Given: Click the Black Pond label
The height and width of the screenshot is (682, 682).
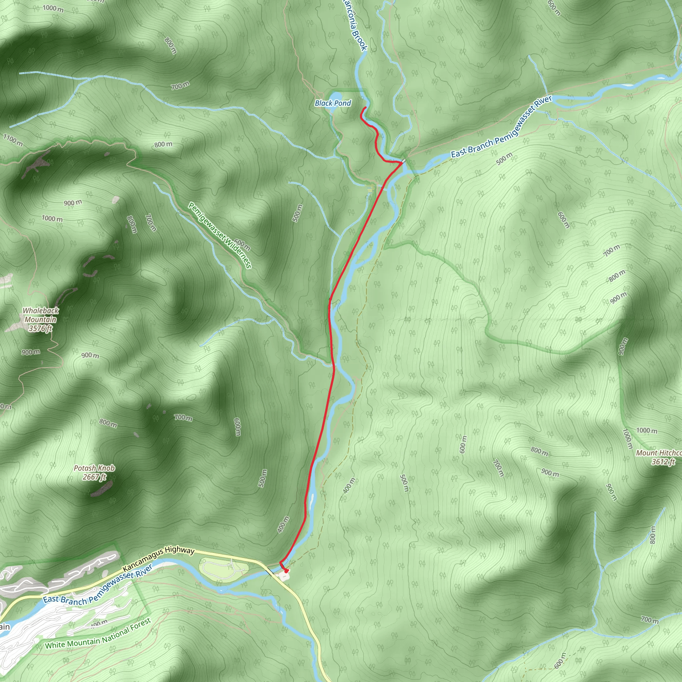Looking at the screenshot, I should [333, 103].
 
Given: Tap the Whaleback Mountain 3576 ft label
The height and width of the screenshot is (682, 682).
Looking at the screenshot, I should [41, 319].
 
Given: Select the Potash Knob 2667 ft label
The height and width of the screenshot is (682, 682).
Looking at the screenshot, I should [94, 473].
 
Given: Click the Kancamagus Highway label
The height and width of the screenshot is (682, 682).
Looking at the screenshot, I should [159, 559].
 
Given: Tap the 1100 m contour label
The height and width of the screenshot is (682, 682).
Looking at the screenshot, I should [13, 140].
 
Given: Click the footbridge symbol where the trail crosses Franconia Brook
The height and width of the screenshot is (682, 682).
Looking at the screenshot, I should [403, 161].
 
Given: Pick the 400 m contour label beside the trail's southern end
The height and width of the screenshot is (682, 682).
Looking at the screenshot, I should [283, 524].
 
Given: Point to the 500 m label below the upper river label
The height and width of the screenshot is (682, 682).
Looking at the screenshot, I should [504, 159].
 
